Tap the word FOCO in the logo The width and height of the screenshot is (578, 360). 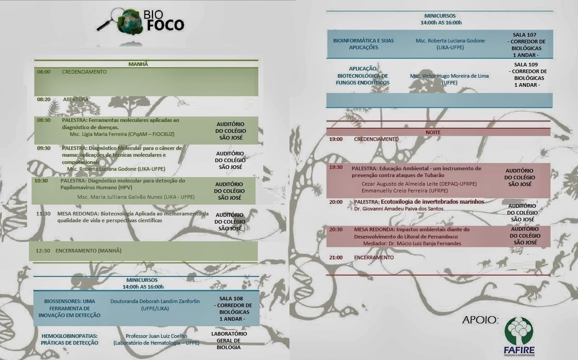point(165,26)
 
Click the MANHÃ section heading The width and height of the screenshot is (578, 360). point(138,64)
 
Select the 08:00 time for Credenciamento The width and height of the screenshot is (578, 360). point(44,72)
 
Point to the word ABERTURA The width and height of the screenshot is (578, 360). point(76,99)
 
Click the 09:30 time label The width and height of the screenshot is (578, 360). point(44,148)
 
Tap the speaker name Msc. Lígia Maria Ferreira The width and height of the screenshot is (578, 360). point(122,134)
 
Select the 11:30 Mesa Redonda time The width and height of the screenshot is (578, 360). point(43,214)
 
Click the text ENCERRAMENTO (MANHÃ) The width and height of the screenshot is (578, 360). point(89,250)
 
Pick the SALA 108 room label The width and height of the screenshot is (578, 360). point(231,299)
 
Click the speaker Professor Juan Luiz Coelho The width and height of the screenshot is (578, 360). point(156,336)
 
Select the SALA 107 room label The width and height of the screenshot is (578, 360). point(525,35)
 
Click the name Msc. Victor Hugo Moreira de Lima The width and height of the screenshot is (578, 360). point(449,76)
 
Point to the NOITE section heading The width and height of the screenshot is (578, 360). point(433,132)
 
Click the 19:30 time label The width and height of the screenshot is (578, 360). point(336,167)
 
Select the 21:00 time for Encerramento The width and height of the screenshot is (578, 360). point(336,257)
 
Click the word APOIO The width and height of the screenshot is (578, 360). point(480,320)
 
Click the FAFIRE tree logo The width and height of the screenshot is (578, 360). point(519,330)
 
